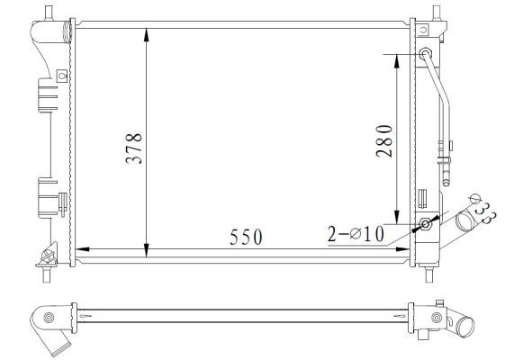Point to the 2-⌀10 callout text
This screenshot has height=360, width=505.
356,235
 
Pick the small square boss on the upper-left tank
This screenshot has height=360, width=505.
60,76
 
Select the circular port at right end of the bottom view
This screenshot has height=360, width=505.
437,317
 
